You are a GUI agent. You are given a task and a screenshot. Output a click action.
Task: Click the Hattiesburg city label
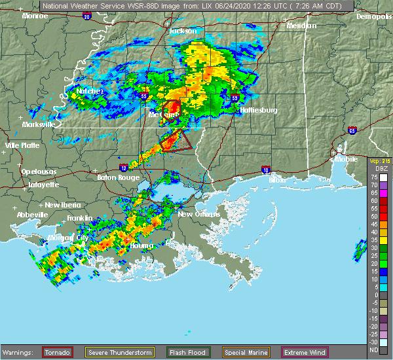[259, 110]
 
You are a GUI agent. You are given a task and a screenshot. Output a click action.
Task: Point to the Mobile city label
[347, 158]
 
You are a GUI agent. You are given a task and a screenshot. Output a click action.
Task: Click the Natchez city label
[90, 91]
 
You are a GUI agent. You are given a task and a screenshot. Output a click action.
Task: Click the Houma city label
[141, 245]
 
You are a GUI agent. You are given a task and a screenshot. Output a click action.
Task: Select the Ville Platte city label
[22, 145]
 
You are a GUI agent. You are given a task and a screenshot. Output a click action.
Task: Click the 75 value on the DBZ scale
[373, 177]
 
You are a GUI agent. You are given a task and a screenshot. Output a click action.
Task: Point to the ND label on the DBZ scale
[373, 350]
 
